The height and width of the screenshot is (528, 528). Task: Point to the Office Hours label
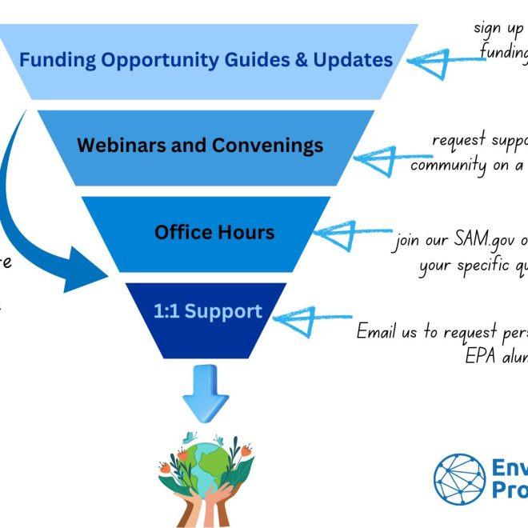(x=214, y=233)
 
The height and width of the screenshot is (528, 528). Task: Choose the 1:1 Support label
(x=207, y=311)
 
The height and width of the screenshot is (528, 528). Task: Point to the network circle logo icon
(x=460, y=478)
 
